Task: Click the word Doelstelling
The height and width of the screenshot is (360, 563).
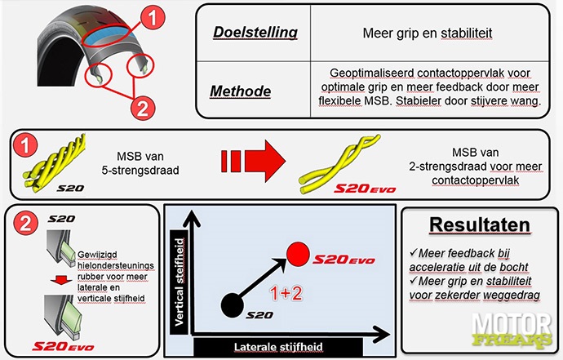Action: coord(255,33)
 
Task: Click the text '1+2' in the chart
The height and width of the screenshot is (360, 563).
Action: coord(283,290)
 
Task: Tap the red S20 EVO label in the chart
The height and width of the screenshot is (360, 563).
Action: coord(342,260)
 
